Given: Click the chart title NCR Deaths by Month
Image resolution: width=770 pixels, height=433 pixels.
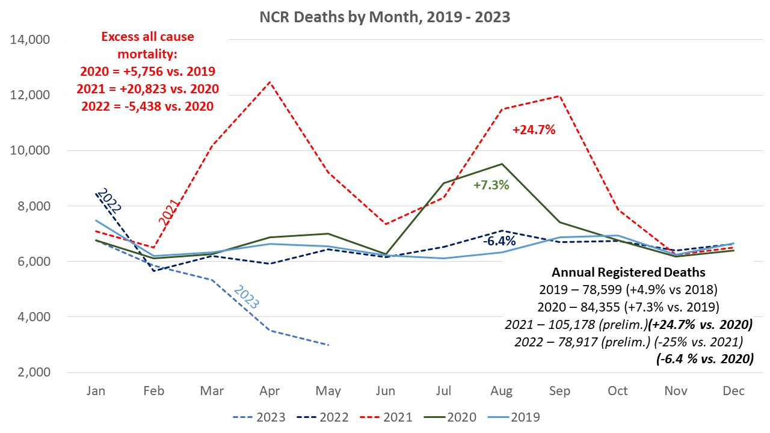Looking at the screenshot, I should [384, 17].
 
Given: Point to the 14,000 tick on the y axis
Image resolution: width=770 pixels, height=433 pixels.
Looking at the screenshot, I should [31, 40].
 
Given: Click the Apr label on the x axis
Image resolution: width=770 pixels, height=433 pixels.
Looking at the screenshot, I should [270, 391].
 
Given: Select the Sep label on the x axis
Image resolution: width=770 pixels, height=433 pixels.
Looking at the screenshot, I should [559, 391].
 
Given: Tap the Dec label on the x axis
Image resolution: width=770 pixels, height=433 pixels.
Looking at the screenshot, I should [733, 391].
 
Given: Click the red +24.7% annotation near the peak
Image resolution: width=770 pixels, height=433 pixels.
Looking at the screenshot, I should [533, 129].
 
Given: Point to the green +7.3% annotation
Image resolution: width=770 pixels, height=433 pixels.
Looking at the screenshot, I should [491, 185].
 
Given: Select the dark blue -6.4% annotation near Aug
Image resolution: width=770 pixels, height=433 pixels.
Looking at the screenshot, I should [499, 241].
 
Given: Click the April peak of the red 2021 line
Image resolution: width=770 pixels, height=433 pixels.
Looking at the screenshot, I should [270, 82].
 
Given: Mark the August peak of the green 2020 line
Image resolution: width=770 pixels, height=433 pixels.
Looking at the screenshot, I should [502, 164].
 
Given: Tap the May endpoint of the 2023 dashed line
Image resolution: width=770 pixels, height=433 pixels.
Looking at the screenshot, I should [328, 345].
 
